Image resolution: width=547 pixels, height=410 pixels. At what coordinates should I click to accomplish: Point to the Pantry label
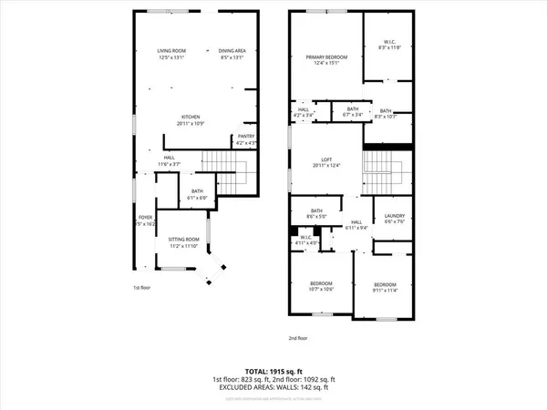(x=246, y=139)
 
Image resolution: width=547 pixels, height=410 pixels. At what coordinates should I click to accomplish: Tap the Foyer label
(x=145, y=220)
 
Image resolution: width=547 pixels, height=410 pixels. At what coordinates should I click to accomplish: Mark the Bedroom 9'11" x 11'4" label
(x=385, y=289)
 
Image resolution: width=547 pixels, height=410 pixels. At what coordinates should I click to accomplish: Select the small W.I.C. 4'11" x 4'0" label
(x=307, y=240)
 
